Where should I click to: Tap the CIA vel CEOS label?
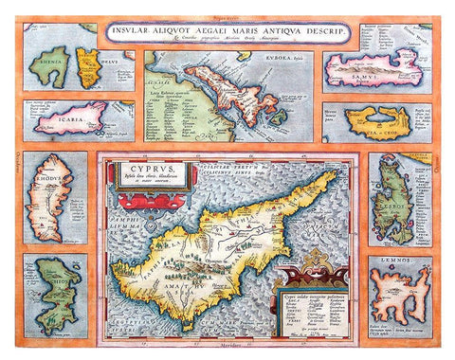[x=375, y=132]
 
